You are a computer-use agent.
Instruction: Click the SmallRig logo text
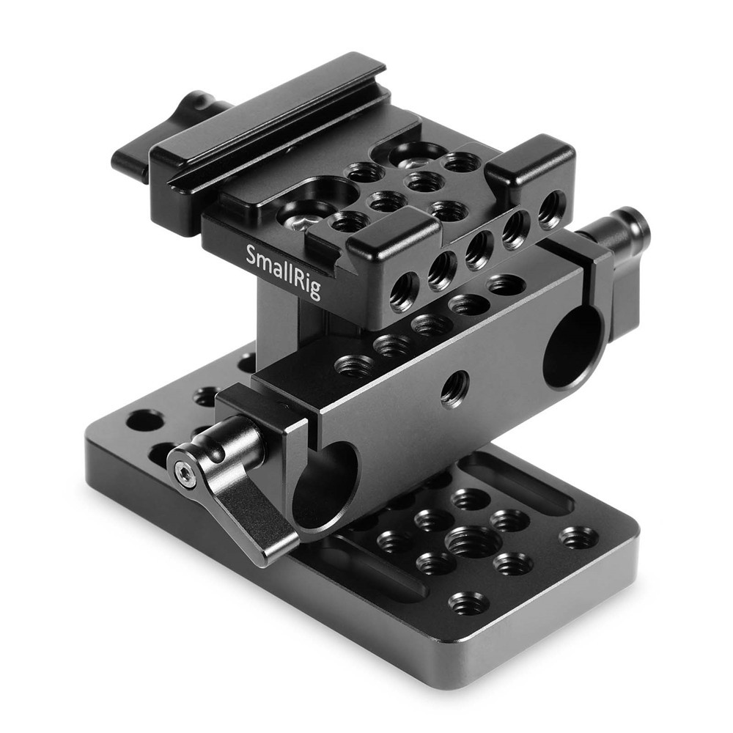pyautogui.click(x=283, y=272)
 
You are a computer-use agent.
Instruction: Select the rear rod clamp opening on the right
pyautogui.click(x=574, y=347)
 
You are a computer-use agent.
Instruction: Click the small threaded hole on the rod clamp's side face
pyautogui.click(x=454, y=388)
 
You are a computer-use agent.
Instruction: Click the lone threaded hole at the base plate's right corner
pyautogui.click(x=579, y=537)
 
